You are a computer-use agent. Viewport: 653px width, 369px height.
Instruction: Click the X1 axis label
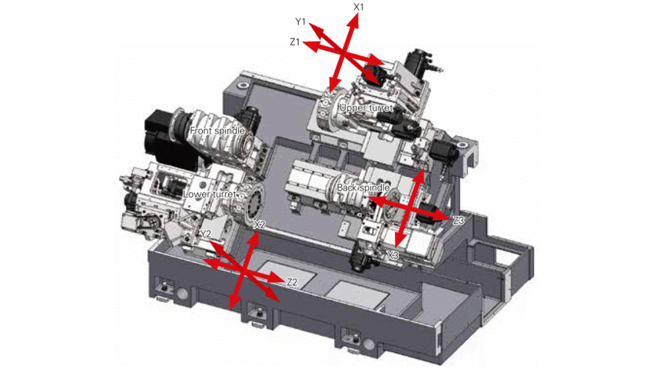359,7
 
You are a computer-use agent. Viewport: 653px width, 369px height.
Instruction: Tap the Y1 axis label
300,22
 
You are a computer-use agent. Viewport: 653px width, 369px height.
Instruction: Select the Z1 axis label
295,42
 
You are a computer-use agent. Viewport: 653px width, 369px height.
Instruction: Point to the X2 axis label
259,224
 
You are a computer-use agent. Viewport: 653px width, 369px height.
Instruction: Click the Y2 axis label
205,234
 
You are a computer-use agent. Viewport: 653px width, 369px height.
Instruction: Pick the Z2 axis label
293,282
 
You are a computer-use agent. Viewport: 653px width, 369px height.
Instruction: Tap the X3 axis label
393,255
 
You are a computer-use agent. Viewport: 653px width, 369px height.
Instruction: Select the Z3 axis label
458,220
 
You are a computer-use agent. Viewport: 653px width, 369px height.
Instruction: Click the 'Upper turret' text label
366,108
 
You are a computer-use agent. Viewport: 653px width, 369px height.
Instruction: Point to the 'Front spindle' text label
217,131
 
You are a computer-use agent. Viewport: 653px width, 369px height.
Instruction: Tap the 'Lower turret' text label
210,194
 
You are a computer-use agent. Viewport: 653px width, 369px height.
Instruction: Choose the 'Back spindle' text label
363,188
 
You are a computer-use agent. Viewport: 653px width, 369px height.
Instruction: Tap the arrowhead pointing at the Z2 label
276,278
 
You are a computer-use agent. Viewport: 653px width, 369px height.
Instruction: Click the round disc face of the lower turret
257,201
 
